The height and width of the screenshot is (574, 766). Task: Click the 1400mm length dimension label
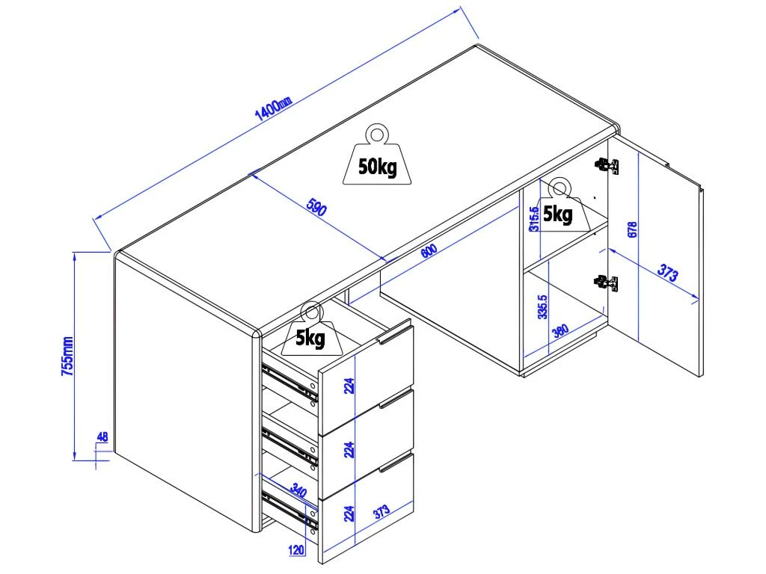click(273, 108)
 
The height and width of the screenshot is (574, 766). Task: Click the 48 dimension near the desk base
click(102, 436)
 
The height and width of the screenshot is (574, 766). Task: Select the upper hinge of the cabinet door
click(607, 165)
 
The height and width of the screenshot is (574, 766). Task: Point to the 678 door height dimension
click(632, 229)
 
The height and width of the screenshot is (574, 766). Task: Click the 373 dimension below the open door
click(668, 274)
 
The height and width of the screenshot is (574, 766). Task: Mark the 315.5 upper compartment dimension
click(533, 219)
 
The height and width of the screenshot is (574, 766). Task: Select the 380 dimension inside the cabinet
click(560, 329)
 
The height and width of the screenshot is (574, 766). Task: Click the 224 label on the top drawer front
click(349, 386)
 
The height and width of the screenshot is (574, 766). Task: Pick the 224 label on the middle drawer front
click(349, 448)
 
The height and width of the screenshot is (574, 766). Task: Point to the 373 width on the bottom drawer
click(381, 512)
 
